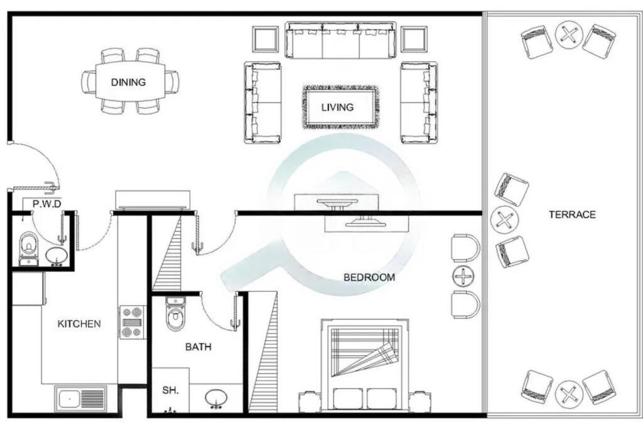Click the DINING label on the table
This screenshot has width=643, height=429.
point(128,82)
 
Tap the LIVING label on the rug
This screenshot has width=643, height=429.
point(337,107)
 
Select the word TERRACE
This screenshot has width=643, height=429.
point(572,215)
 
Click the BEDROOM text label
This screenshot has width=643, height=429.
point(369,277)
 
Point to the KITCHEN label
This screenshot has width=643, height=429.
point(79,324)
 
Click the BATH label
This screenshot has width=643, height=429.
point(198,347)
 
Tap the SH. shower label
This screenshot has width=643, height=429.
point(170,390)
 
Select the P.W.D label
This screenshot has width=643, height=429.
point(47,204)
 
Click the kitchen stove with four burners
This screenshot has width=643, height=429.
point(132,322)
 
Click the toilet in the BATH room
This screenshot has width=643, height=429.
point(175,314)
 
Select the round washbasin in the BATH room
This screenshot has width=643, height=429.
point(216,398)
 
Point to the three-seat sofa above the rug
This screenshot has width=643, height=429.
point(341,40)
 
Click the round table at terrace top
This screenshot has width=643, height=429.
point(569,34)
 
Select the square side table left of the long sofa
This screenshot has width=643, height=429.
point(266,40)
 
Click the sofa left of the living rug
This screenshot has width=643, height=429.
point(263,102)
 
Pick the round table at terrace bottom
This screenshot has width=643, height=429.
point(569,394)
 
